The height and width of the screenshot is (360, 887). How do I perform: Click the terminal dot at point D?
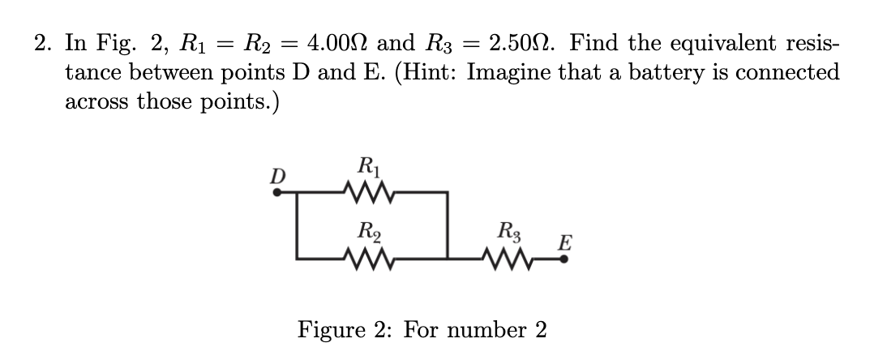click(276, 193)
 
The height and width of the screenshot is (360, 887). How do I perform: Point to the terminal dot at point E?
click(564, 258)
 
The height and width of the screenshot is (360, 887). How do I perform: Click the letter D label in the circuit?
click(277, 176)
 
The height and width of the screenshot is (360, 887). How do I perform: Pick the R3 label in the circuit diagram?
click(514, 232)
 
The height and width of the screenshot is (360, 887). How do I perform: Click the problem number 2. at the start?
click(43, 42)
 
